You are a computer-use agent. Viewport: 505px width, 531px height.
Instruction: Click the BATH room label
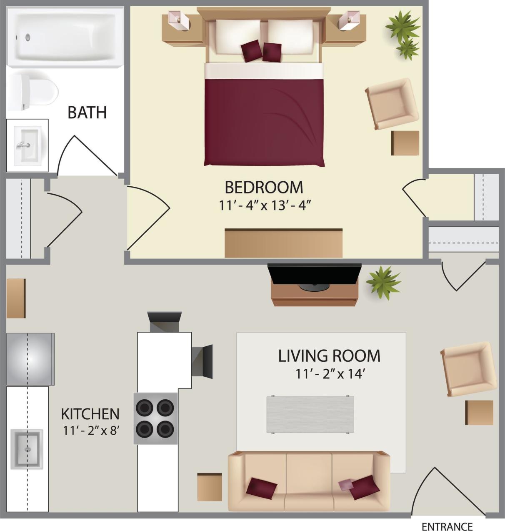coord(87,113)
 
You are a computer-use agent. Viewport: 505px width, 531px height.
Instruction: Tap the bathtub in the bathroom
coord(65,36)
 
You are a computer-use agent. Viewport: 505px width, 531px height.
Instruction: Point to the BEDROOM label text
coord(264,188)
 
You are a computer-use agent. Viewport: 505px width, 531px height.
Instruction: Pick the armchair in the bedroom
coord(391,103)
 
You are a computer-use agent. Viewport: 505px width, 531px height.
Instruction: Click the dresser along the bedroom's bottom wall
coord(283,243)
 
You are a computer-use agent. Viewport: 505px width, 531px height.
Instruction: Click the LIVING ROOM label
coord(329,356)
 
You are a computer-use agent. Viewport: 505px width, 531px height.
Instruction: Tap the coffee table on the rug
coord(310,414)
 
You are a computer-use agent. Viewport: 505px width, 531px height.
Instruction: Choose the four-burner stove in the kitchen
coord(155,418)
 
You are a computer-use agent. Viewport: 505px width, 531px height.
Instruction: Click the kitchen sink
coord(27,449)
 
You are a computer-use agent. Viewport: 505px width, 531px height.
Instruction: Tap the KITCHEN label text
coord(90,414)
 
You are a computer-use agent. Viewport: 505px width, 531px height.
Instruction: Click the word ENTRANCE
coord(447,526)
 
